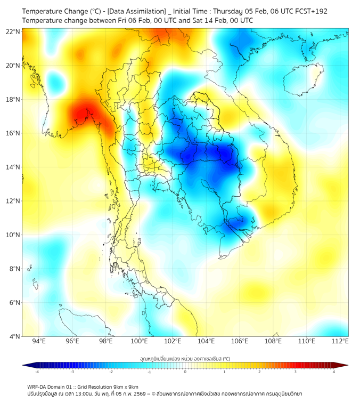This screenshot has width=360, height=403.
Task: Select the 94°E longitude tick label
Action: pos(39,342)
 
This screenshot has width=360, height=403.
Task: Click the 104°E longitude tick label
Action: pos(206,342)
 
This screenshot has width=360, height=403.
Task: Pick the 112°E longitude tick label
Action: pos(340,342)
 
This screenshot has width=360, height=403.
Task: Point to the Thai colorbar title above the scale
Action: pos(185,358)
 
